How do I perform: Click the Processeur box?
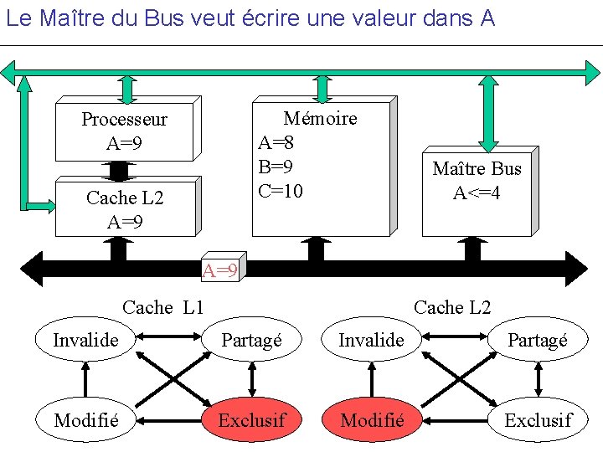[x=124, y=131]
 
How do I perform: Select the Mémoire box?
[x=321, y=167]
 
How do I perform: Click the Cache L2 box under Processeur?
[x=125, y=209]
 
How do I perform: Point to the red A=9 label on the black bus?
[x=221, y=270]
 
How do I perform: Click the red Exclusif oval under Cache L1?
[x=251, y=419]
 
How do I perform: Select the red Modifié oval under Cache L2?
[x=373, y=419]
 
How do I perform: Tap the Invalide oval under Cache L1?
[x=85, y=340]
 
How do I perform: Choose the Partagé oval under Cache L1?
[x=251, y=340]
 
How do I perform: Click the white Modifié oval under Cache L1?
[x=85, y=419]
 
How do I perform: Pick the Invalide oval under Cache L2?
[x=371, y=340]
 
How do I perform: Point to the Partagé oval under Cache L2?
[x=537, y=340]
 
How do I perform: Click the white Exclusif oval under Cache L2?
[x=537, y=419]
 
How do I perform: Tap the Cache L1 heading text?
[x=163, y=307]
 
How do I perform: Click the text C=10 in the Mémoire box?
[x=281, y=191]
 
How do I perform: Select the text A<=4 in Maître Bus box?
[x=477, y=193]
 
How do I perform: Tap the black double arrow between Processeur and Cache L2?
[x=119, y=170]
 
